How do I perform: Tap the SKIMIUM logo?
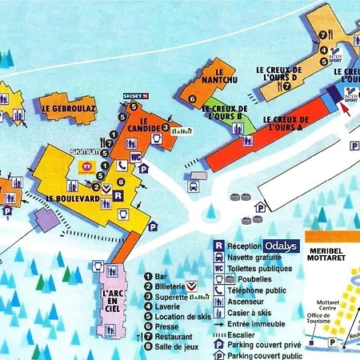pyautogui.click(x=85, y=151)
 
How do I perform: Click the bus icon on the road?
pyautogui.click(x=194, y=188)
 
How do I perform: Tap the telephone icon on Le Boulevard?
pyautogui.click(x=122, y=166)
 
